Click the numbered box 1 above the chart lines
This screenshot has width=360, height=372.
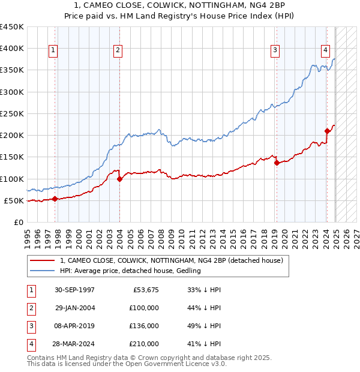(x=54, y=50)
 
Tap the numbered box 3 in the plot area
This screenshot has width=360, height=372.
(x=275, y=50)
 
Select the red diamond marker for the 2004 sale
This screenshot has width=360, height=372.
(x=119, y=179)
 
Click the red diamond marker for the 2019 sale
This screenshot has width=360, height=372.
(x=277, y=163)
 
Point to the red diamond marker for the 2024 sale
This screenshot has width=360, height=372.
(x=327, y=131)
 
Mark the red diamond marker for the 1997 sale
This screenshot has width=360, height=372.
(x=55, y=199)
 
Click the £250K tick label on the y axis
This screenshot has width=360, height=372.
(x=11, y=113)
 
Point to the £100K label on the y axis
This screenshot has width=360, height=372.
(x=11, y=179)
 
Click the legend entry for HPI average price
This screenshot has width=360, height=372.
(x=130, y=271)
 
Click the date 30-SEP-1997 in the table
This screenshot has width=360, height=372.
(x=74, y=290)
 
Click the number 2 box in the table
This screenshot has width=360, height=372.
(x=30, y=308)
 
